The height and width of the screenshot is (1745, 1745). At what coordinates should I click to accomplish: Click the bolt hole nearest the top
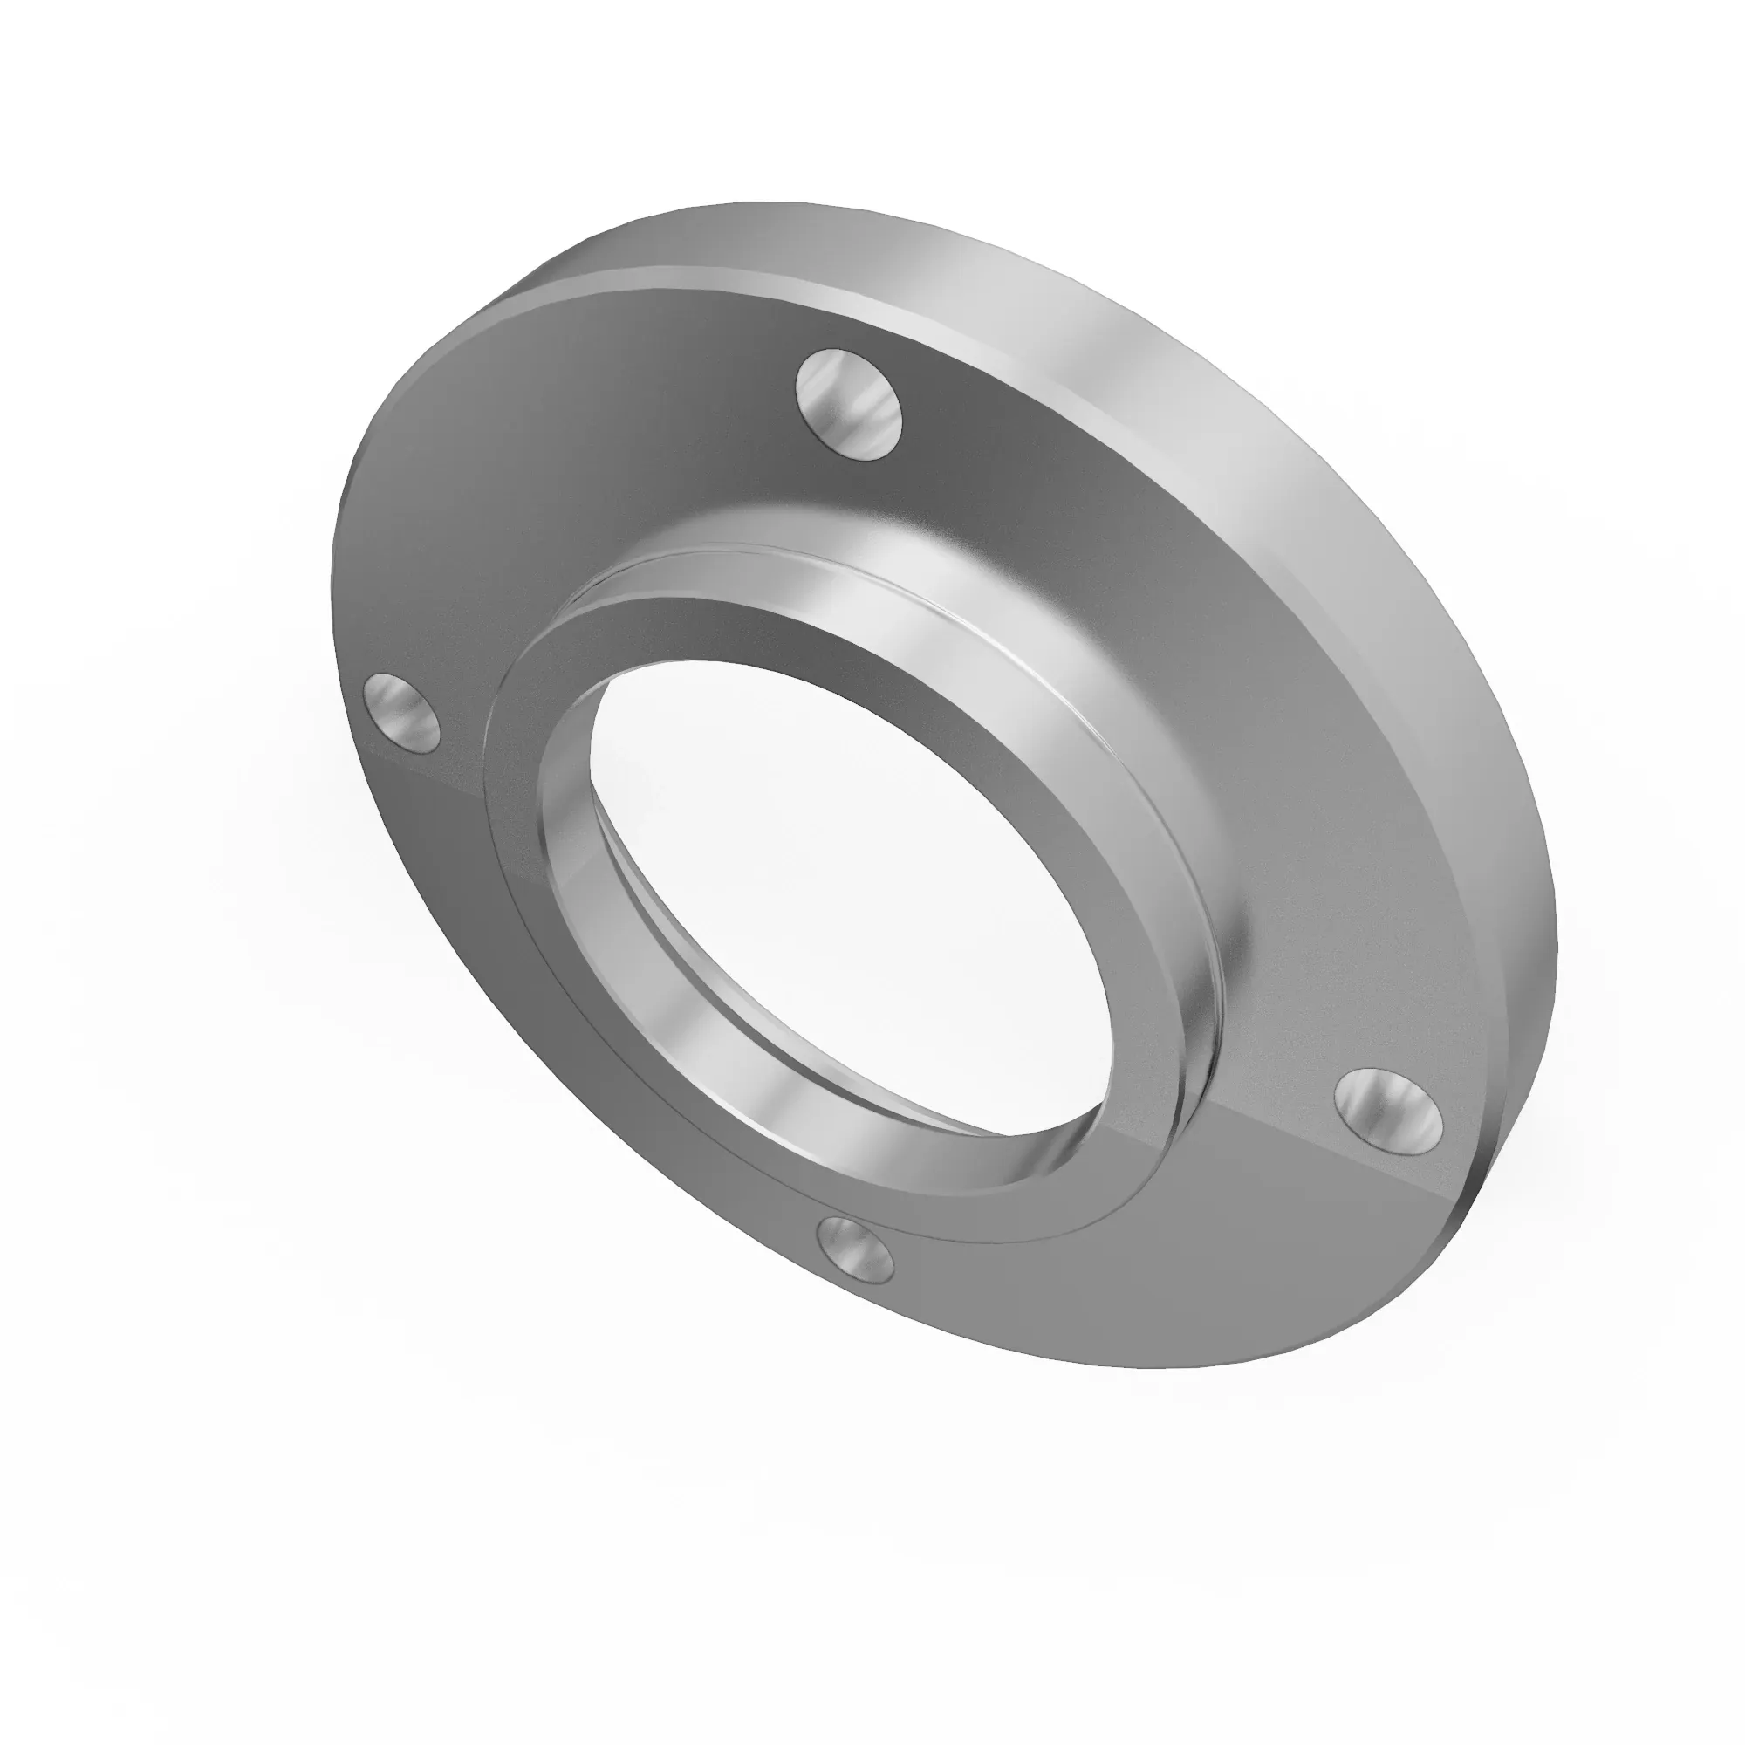point(849,404)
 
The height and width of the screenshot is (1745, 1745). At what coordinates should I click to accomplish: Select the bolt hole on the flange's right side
point(1388,1110)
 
